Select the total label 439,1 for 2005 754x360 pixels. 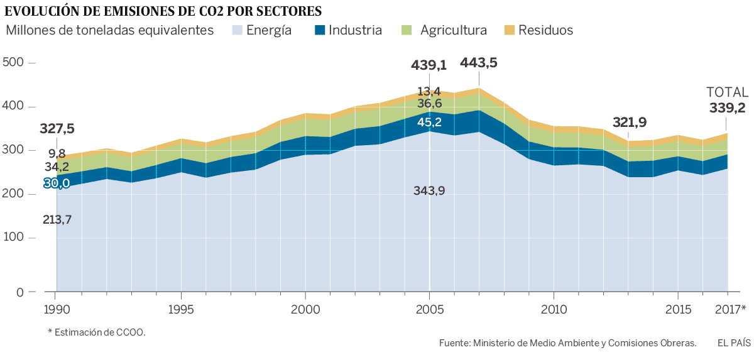429,65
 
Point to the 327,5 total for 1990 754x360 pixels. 57,129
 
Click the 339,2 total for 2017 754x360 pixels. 727,108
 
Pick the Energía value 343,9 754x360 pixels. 429,190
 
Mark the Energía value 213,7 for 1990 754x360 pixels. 57,219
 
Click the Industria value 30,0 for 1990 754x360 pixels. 57,183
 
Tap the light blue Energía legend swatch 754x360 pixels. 237,30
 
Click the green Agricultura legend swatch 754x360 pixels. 406,30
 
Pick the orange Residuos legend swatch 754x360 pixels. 510,30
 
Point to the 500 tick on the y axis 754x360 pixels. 13,62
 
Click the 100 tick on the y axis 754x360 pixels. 13,238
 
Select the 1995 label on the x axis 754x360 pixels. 181,310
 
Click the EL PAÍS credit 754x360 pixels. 733,342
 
